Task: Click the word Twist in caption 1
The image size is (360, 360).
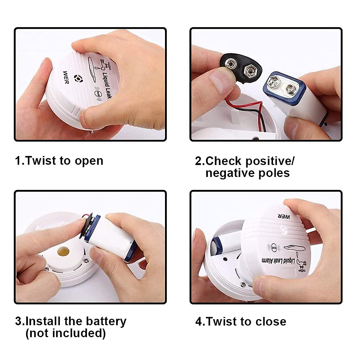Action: pyautogui.click(x=41, y=161)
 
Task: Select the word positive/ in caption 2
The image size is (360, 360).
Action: pyautogui.click(x=270, y=161)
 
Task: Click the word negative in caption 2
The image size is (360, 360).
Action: pyautogui.click(x=227, y=173)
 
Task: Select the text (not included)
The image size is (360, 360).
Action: pyautogui.click(x=65, y=333)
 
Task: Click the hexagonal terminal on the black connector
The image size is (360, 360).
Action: pyautogui.click(x=250, y=71)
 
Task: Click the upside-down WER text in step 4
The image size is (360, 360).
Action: pyautogui.click(x=283, y=216)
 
